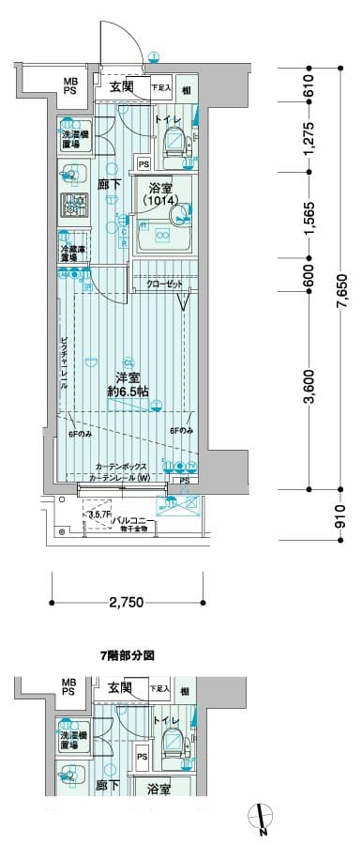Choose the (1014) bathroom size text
click(x=160, y=200)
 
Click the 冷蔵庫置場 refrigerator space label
click(x=68, y=253)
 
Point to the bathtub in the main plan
click(x=163, y=236)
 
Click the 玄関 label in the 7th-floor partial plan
click(x=119, y=688)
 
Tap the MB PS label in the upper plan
click(x=71, y=86)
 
